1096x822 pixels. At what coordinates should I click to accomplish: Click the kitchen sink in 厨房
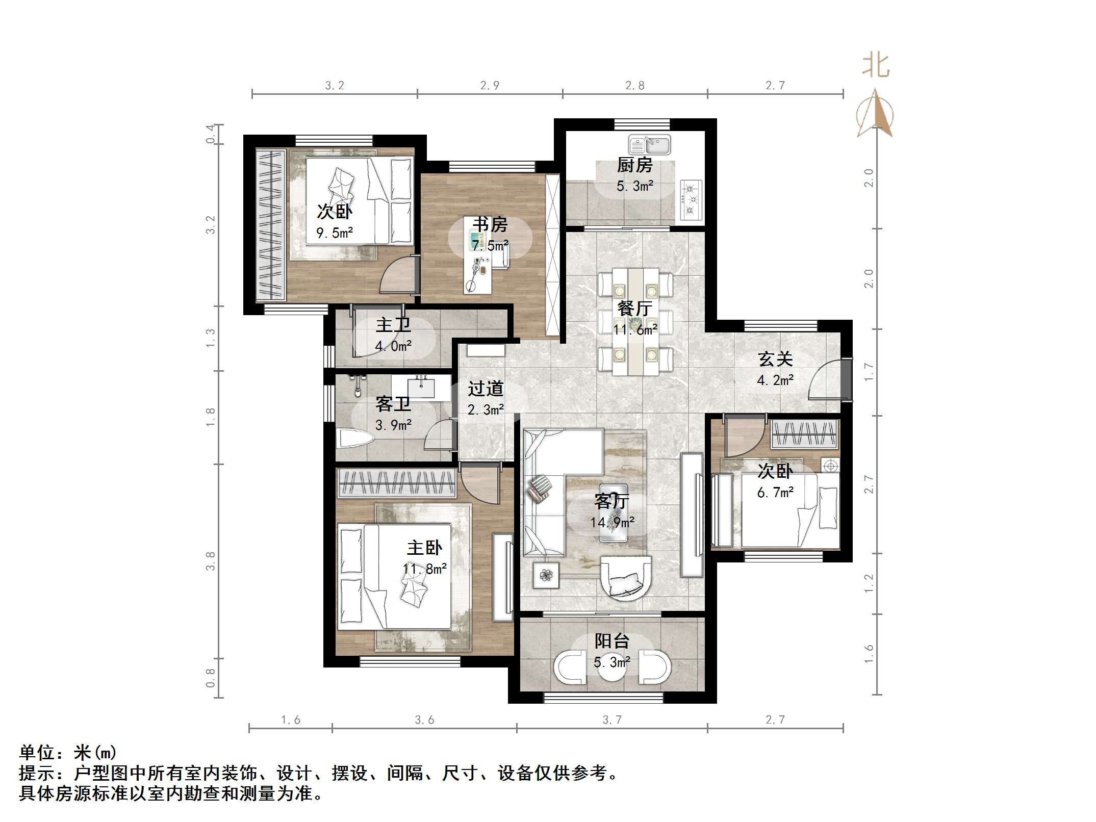click(x=649, y=145)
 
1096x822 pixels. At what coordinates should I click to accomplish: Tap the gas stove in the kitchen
click(x=691, y=200)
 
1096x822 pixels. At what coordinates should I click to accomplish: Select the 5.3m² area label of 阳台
click(x=611, y=662)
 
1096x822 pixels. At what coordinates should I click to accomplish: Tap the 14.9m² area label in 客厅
click(x=612, y=522)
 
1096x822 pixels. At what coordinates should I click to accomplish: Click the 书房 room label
click(x=490, y=224)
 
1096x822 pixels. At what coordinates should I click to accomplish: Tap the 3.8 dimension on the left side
click(x=210, y=561)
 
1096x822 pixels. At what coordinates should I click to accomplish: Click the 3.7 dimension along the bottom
click(x=612, y=720)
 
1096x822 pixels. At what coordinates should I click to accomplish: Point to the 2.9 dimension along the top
click(x=490, y=86)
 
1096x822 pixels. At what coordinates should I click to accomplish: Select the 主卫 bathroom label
click(x=393, y=325)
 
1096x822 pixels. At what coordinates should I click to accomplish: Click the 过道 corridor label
click(x=486, y=389)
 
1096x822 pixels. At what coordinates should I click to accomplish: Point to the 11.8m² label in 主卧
click(x=424, y=569)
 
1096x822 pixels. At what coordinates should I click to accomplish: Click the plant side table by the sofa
click(x=546, y=575)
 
